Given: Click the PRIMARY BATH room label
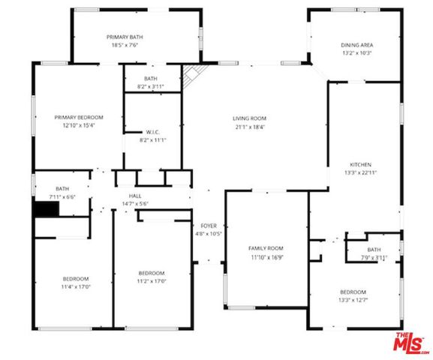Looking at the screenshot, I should pyautogui.click(x=124, y=37).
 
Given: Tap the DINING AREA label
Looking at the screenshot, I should pyautogui.click(x=357, y=45).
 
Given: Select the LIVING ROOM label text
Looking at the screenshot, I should pyautogui.click(x=249, y=118).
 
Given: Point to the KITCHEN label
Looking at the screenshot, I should pyautogui.click(x=360, y=165).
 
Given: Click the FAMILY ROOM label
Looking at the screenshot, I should pyautogui.click(x=266, y=247).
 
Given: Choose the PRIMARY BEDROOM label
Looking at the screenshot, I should pyautogui.click(x=78, y=118).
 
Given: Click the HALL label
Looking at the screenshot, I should pyautogui.click(x=135, y=196).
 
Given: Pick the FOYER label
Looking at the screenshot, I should pyautogui.click(x=208, y=225).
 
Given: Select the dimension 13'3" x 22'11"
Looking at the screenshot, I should pyautogui.click(x=360, y=173).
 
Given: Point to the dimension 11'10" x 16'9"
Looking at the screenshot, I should pyautogui.click(x=266, y=256).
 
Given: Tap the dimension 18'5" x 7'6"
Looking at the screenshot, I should pyautogui.click(x=124, y=45).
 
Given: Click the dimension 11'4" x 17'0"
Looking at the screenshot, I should pyautogui.click(x=75, y=286).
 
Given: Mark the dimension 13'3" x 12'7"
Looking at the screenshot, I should pyautogui.click(x=353, y=300).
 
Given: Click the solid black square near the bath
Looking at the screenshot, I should pyautogui.click(x=44, y=210).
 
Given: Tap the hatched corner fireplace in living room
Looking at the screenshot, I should pyautogui.click(x=193, y=75).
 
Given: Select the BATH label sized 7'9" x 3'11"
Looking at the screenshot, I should pyautogui.click(x=373, y=250).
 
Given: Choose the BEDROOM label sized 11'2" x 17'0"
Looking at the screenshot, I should pyautogui.click(x=151, y=272).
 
